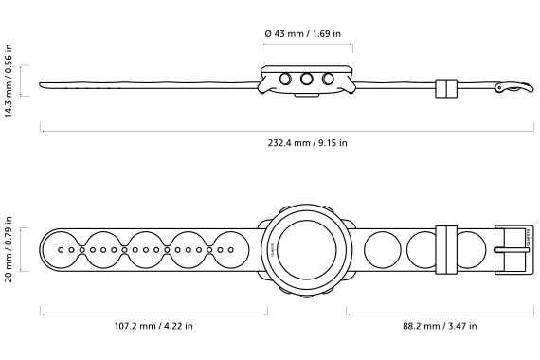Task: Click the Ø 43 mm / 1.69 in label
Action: pyautogui.click(x=303, y=34)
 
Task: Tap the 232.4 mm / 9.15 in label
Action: pyautogui.click(x=308, y=143)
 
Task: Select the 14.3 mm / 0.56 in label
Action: pyautogui.click(x=9, y=81)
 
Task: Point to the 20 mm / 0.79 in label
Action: pyautogui.click(x=9, y=249)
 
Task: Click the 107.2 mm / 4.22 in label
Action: pyautogui.click(x=153, y=326)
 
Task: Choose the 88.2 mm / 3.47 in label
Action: pyautogui.click(x=440, y=326)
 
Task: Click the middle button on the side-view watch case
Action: pyautogui.click(x=307, y=79)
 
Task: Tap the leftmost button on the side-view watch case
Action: pyautogui.click(x=285, y=79)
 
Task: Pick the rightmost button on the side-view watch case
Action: pyautogui.click(x=328, y=79)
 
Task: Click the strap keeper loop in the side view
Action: pyautogui.click(x=446, y=88)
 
